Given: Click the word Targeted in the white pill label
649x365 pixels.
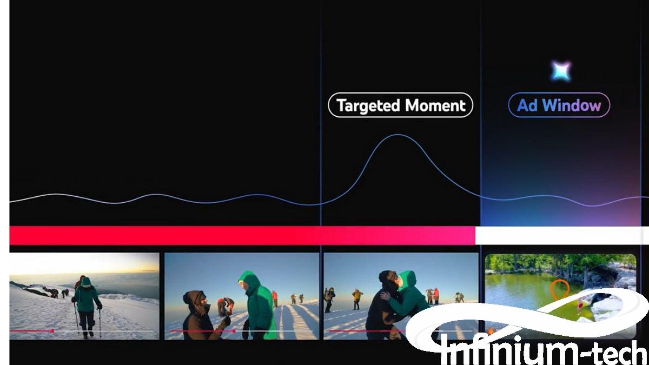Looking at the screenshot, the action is click(x=369, y=105).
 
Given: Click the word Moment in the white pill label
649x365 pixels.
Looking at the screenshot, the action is click(x=435, y=105).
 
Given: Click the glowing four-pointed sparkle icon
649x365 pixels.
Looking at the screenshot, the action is click(x=561, y=71).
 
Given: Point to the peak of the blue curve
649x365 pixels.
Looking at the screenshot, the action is click(x=398, y=135).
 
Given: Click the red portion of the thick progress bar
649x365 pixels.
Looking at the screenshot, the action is click(x=242, y=236).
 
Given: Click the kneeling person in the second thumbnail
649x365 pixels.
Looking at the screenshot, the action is click(x=203, y=315).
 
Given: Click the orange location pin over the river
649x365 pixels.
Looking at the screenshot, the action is click(x=559, y=290).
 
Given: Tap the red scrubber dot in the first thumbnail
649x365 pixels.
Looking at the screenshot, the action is click(x=52, y=331).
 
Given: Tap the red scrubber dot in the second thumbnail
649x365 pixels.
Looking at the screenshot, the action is click(x=234, y=331).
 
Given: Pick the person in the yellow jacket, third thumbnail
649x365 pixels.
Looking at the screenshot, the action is click(x=357, y=299).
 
